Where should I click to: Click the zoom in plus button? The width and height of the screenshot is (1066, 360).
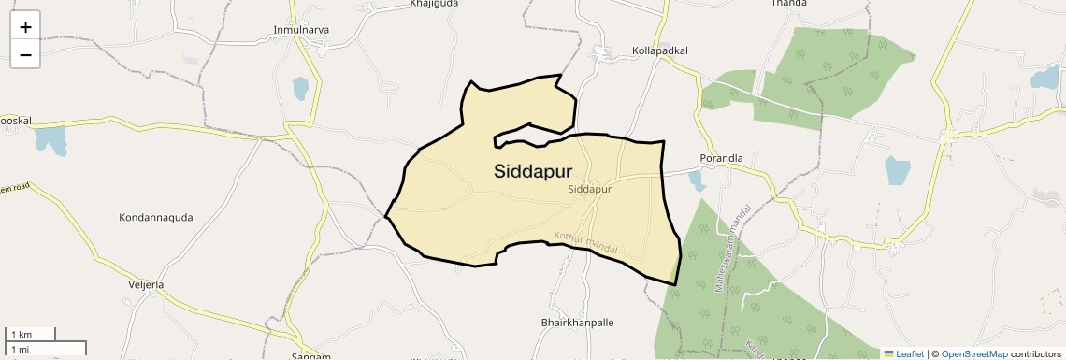[x=25, y=27]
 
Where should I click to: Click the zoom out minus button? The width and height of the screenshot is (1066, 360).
[x=25, y=54]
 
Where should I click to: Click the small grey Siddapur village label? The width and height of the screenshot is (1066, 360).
[x=589, y=189]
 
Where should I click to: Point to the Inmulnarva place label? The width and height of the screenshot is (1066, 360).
[x=301, y=30]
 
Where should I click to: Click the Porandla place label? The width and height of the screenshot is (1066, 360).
[x=721, y=158]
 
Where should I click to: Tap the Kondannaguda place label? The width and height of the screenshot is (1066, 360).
[x=155, y=218]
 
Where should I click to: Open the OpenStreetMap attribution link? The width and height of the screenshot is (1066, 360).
[x=973, y=353]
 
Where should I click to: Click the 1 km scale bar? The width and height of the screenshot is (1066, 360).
[x=31, y=334]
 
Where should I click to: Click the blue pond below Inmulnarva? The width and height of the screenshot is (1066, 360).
[x=299, y=89]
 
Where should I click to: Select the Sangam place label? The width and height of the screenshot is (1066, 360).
[x=310, y=356]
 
